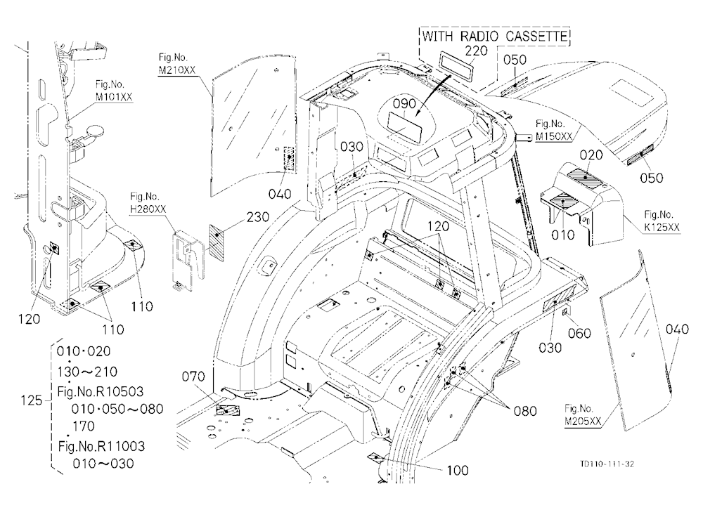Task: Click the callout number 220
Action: (x=476, y=51)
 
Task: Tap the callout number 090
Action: (x=404, y=104)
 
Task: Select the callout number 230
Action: (x=257, y=217)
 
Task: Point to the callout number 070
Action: (x=193, y=377)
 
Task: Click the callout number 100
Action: (x=458, y=470)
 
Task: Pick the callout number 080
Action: (x=525, y=411)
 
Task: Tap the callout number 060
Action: (x=579, y=333)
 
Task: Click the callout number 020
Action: (x=591, y=155)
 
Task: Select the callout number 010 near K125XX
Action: (x=562, y=235)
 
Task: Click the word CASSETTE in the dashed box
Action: (x=537, y=37)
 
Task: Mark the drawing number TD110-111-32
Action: (x=607, y=464)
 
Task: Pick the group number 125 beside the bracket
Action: (x=32, y=400)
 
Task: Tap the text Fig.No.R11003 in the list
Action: (x=101, y=446)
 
